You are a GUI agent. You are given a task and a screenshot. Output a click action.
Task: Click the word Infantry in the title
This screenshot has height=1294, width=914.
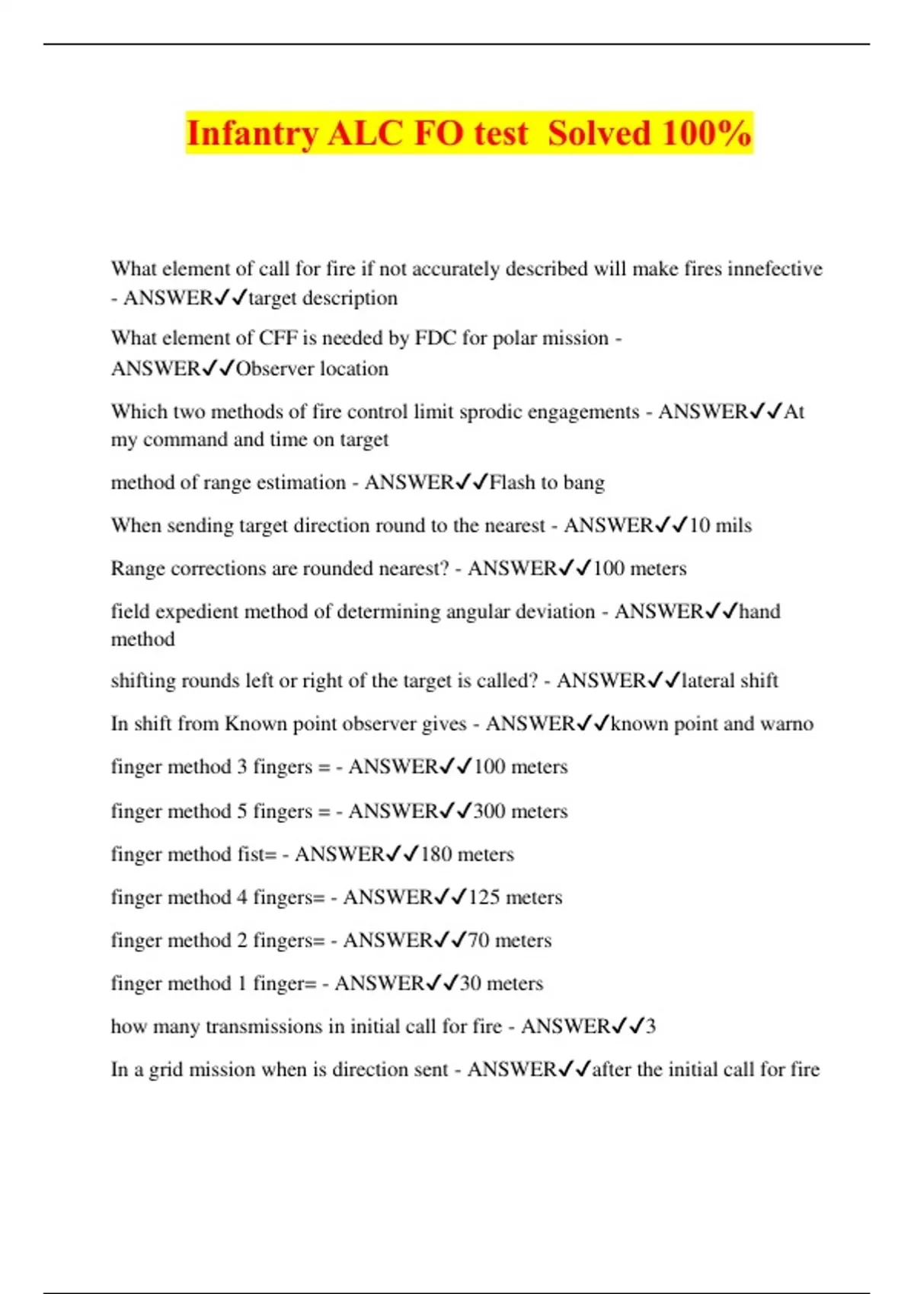point(251,134)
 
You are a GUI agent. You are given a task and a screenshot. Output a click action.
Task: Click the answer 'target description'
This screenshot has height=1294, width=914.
point(323,298)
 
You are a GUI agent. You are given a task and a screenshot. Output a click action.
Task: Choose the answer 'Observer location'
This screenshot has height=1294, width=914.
point(312,369)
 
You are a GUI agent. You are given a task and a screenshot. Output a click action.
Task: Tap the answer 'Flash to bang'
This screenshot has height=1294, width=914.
point(547,483)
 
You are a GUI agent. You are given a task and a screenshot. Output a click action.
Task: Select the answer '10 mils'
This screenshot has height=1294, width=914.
point(720,526)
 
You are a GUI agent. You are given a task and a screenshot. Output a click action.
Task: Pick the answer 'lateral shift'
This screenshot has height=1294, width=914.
point(730,680)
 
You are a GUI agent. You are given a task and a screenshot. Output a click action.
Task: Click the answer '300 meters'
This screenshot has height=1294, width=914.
point(520,811)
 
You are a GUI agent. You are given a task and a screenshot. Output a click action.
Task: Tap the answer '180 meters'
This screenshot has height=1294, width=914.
point(467,855)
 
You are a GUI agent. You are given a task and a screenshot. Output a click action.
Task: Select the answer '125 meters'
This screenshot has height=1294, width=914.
point(515,897)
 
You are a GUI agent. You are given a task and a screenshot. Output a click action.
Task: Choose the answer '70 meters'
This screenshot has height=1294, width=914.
point(510,941)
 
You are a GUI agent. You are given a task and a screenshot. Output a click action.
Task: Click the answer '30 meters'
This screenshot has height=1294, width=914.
point(501,983)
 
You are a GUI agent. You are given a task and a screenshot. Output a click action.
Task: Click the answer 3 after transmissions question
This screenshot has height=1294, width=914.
point(650,1027)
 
